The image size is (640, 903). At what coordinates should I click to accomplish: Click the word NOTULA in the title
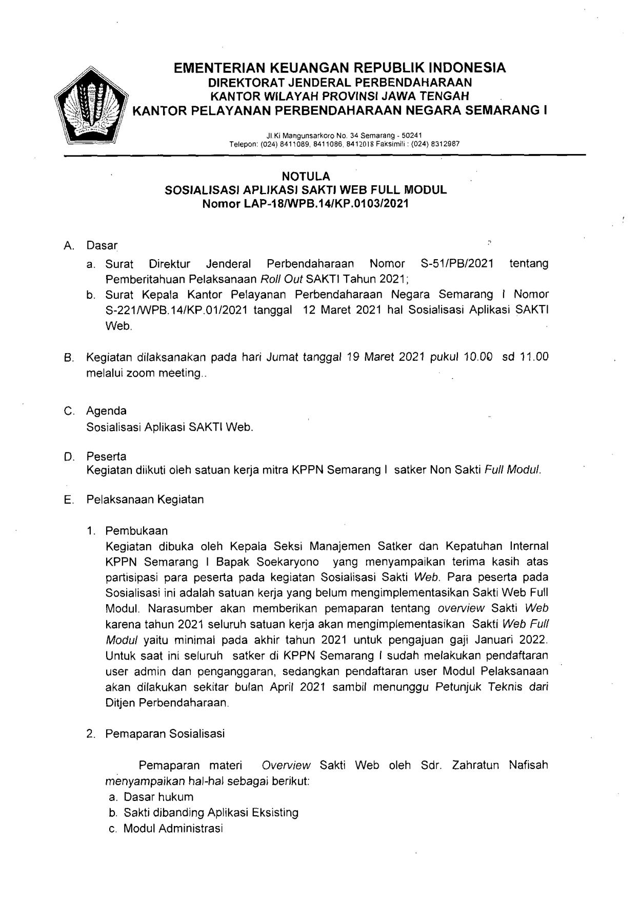coord(305,177)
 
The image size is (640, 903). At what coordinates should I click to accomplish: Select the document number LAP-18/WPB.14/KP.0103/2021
coord(326,203)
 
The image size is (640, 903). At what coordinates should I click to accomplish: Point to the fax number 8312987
coord(446,144)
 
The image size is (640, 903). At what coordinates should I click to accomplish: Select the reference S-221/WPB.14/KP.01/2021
coord(177,311)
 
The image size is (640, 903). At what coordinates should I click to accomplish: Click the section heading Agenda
coord(106,411)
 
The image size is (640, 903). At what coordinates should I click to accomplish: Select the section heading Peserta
coord(106,456)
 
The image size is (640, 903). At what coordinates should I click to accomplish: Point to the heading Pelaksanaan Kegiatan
coord(145,499)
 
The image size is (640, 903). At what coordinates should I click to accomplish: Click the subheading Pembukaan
coord(136,530)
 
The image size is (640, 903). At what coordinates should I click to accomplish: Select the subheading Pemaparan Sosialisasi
coord(165,734)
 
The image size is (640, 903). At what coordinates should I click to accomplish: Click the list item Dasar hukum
coord(158,797)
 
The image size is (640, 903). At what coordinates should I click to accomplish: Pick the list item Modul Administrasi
coord(173,829)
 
